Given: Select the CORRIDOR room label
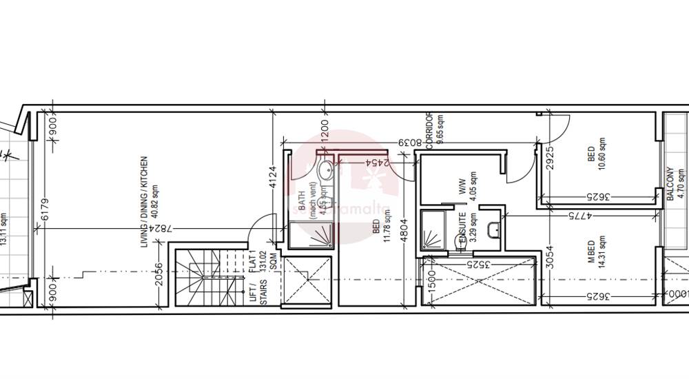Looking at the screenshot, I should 429,131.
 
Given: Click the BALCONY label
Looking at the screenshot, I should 670,184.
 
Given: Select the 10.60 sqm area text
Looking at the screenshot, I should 601,155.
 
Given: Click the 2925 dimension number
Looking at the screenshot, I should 549,159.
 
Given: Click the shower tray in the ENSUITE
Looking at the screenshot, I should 433,232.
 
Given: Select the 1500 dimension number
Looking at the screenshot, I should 431,282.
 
